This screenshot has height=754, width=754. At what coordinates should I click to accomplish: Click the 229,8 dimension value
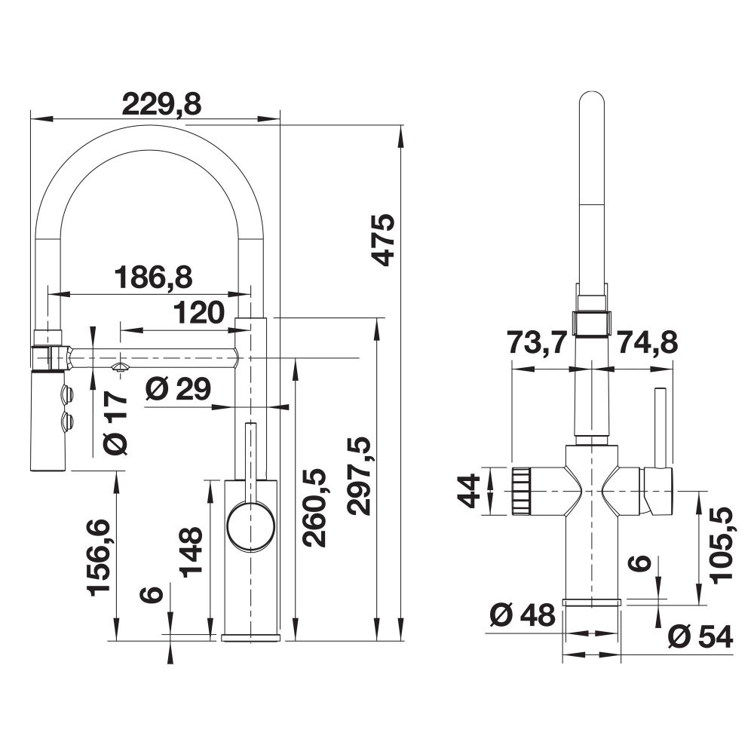(x=161, y=104)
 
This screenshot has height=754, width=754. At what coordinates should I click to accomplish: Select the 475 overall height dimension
(x=384, y=240)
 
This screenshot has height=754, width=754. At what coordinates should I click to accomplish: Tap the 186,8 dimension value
(x=153, y=277)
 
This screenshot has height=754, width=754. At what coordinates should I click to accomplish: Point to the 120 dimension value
(x=199, y=313)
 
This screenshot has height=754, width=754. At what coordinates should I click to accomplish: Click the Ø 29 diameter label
(x=178, y=389)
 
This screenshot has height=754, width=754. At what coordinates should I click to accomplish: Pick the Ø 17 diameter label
(x=115, y=423)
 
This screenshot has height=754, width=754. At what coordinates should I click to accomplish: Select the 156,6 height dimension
(x=100, y=558)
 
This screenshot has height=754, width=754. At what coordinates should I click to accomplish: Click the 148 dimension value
(x=191, y=552)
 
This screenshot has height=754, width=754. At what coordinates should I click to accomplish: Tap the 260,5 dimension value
(x=314, y=507)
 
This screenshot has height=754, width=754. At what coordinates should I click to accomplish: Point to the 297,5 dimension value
(x=360, y=476)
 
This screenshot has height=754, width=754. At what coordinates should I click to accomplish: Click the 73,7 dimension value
(x=538, y=343)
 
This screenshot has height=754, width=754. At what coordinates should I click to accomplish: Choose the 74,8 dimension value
(x=647, y=342)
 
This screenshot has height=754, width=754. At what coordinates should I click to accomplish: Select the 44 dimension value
(x=468, y=491)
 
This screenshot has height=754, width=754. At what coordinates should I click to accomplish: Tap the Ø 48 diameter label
(x=523, y=615)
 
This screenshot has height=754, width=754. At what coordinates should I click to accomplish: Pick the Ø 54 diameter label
(x=700, y=637)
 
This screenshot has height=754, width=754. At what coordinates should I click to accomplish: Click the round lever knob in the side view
(x=250, y=526)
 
